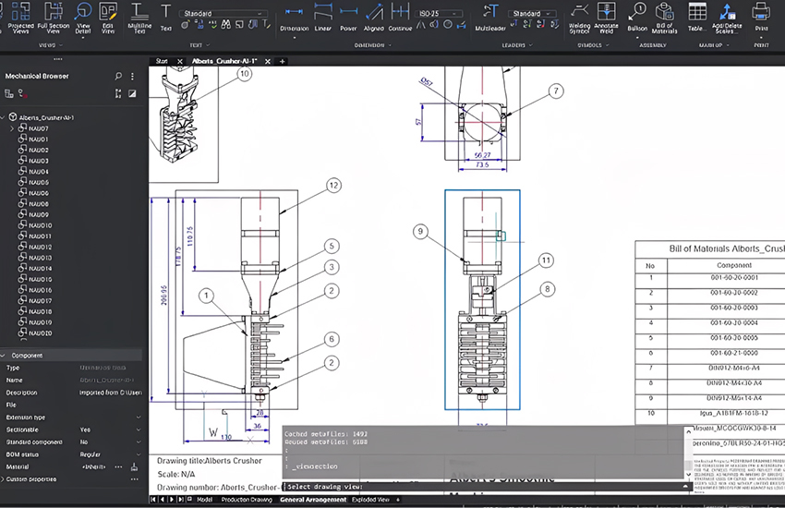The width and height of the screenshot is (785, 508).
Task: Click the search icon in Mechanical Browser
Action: point(118,76)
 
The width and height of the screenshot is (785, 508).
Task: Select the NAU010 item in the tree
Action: point(40,225)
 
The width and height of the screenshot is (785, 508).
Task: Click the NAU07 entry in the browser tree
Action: point(39,128)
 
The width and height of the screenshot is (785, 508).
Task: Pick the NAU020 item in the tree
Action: point(40,333)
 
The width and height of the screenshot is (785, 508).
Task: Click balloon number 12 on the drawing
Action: point(333,186)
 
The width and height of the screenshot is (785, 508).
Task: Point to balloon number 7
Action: point(555,91)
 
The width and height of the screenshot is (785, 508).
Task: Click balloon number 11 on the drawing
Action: point(546,260)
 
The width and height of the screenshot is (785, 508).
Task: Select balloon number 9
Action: point(420,231)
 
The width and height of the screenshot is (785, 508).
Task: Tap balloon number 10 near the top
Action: point(245,73)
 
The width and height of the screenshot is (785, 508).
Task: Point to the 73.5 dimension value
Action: point(481,166)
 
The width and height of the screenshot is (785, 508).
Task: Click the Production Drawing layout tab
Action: point(247,500)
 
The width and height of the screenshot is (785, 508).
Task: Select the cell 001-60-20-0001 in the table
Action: point(735,277)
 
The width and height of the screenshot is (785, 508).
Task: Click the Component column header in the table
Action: point(735,264)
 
